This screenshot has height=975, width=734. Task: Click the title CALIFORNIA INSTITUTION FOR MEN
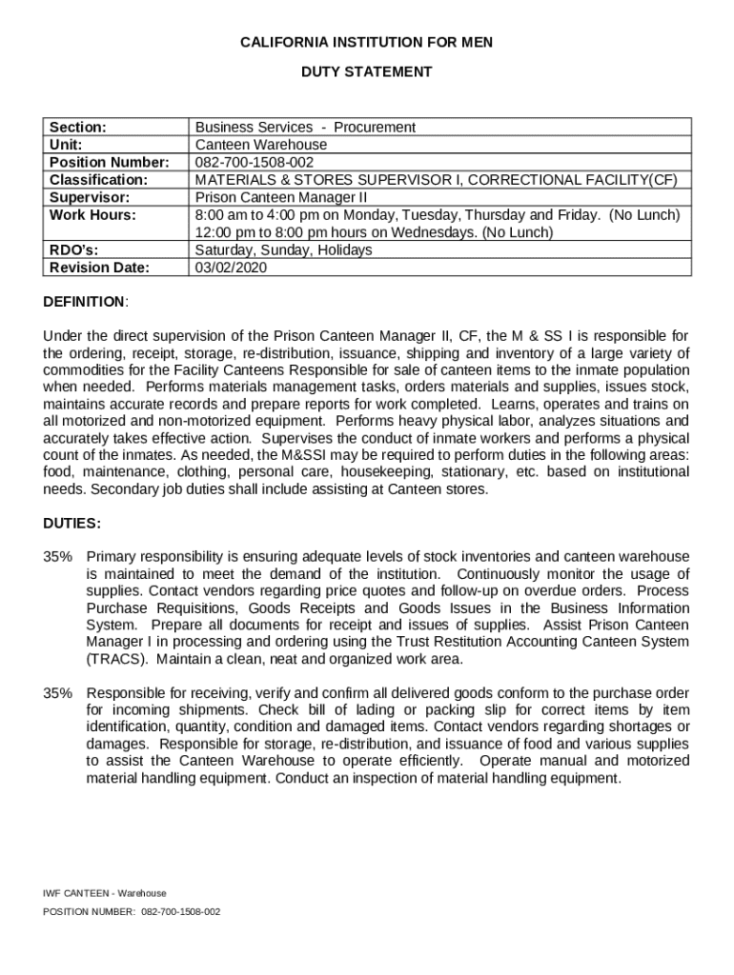coord(367,43)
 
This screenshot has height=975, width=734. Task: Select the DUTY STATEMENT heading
coord(367,71)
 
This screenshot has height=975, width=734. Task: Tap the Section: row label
coord(78,127)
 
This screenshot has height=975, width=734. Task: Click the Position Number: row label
coord(109,162)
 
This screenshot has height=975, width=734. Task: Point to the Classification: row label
coord(98,179)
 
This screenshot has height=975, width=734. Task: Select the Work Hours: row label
coord(92,215)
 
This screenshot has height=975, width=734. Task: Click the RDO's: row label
coord(74,250)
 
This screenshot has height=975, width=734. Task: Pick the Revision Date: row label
coord(99,268)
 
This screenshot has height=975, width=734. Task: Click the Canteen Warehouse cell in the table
coord(261,145)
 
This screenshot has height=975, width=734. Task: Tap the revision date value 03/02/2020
coord(232,268)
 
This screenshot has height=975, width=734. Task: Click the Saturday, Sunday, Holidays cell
coord(284,250)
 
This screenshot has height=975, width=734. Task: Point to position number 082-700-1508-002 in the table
coord(255,162)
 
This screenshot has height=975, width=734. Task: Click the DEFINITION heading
coord(84,302)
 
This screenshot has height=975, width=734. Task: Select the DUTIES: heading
coord(72,524)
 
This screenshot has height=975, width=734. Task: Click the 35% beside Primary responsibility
coord(57,556)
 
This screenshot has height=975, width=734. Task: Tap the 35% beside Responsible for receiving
coord(57,693)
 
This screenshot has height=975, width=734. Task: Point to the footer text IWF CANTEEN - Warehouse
coord(105,893)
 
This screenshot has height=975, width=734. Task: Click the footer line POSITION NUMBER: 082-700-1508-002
coord(132,911)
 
